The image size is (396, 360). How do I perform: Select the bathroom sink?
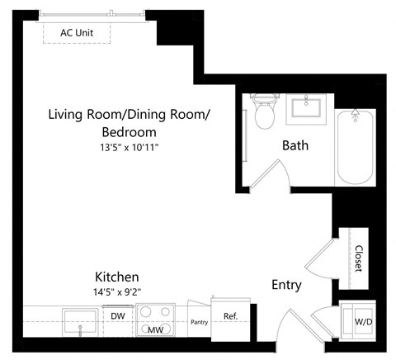coord(309,108)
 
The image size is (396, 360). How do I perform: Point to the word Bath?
coord(295,145)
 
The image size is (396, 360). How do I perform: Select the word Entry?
coord(286,285)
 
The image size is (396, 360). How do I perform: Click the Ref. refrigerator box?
coord(230,316)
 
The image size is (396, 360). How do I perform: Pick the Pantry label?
coord(199,322)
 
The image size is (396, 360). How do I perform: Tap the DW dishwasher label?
coord(117,315)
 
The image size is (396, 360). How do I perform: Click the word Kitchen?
coord(116,277)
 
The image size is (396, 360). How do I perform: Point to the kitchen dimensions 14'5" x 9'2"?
coord(116,291)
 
